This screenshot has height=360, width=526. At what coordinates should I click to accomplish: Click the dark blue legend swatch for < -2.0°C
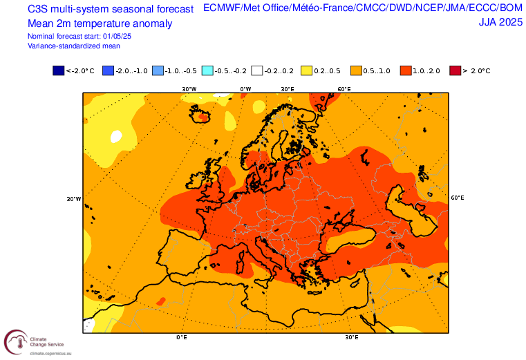point(58,70)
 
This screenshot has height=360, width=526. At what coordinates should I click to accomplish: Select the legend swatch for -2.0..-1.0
point(107,70)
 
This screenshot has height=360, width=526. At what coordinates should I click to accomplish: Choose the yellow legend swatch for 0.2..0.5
point(306,70)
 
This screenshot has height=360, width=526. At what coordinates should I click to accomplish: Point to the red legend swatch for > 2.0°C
point(454,70)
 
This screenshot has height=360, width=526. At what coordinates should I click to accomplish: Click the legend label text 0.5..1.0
point(376,70)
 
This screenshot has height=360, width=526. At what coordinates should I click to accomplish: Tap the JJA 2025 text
point(500,23)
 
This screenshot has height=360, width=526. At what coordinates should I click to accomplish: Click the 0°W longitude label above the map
point(245,89)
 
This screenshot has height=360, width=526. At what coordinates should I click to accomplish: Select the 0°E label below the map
point(182,338)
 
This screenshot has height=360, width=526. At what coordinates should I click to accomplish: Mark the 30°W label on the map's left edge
point(74,199)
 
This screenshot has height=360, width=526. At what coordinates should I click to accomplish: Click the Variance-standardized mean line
point(74,46)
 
